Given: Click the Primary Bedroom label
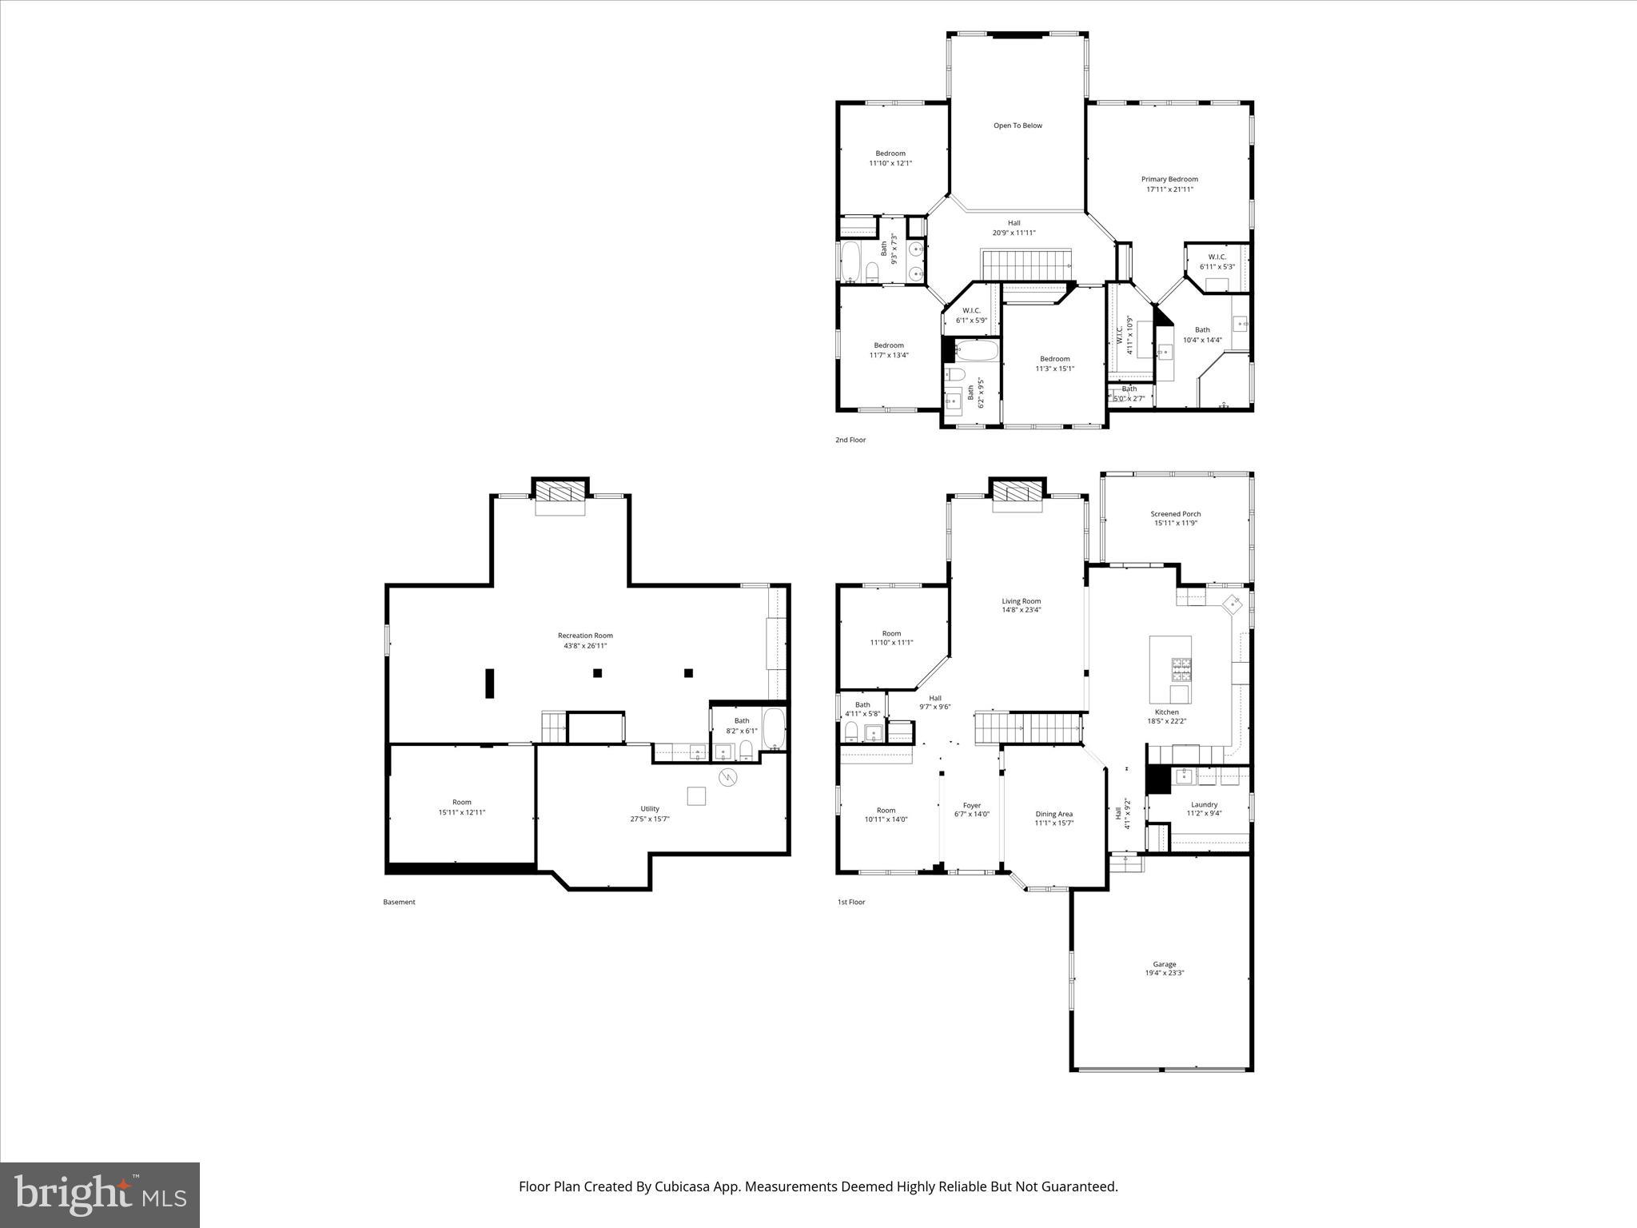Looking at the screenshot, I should (1169, 180).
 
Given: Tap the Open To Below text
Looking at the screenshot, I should (1018, 126).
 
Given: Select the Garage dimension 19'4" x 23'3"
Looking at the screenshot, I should (1164, 973).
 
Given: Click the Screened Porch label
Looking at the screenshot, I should (1175, 514).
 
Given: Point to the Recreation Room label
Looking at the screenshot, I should (585, 636).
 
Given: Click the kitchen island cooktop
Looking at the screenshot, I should (1181, 664).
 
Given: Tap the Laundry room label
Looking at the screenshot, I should (1204, 804).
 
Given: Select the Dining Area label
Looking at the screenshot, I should (1053, 814).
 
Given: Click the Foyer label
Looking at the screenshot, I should (971, 805).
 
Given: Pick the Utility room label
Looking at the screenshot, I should (649, 808).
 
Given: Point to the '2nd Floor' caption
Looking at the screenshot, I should (850, 440).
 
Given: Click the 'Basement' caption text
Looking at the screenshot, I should (399, 902).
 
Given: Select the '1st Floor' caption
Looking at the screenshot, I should (850, 902).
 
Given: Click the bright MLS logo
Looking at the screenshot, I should (100, 1195).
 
